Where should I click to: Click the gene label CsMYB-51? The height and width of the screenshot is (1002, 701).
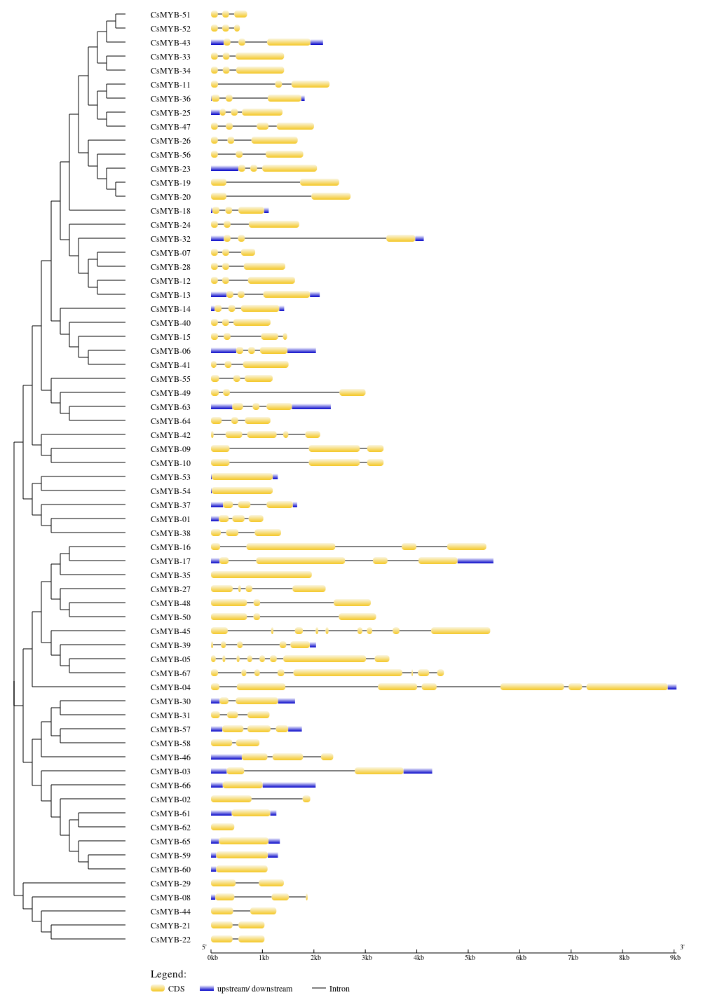170,15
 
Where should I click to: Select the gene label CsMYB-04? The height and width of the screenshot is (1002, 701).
170,687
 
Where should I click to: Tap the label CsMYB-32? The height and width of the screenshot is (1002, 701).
170,239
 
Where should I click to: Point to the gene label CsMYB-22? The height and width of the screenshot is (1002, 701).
170,940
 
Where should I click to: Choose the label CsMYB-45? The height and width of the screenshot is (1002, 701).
170,631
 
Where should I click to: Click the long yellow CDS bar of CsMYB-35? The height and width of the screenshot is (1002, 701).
261,575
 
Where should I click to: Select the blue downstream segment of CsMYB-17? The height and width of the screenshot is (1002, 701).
475,561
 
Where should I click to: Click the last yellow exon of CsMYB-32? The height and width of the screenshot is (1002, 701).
401,238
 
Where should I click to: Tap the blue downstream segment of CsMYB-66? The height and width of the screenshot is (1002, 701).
290,785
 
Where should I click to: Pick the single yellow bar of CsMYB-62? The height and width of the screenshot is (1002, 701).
222,827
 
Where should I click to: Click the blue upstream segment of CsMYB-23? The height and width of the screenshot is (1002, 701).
225,169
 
